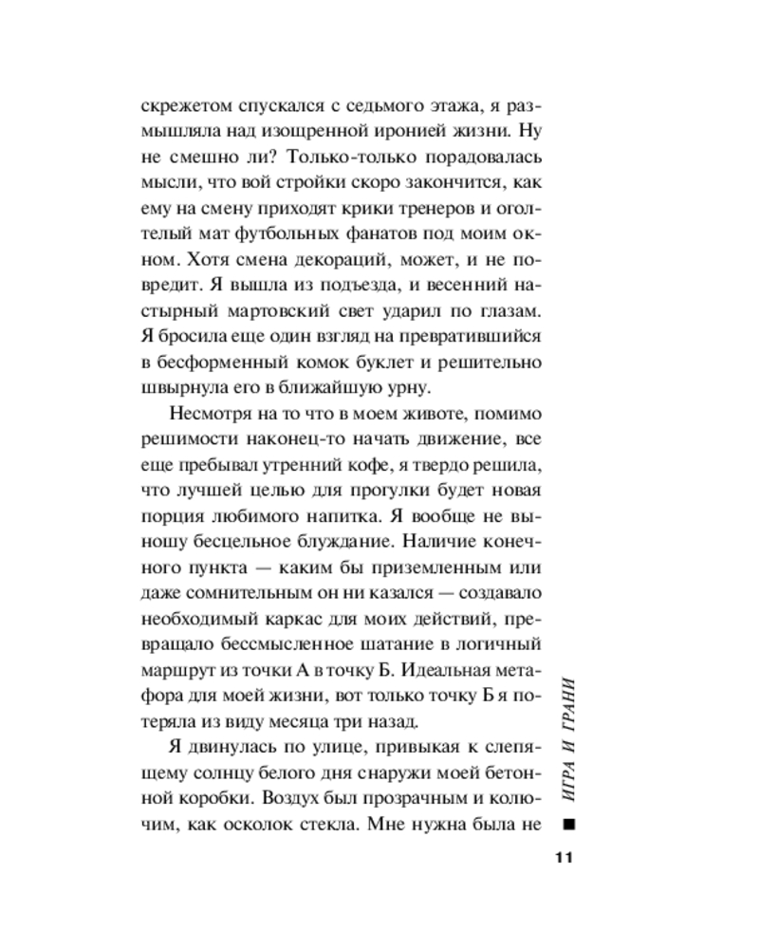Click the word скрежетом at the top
pos(186,105)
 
